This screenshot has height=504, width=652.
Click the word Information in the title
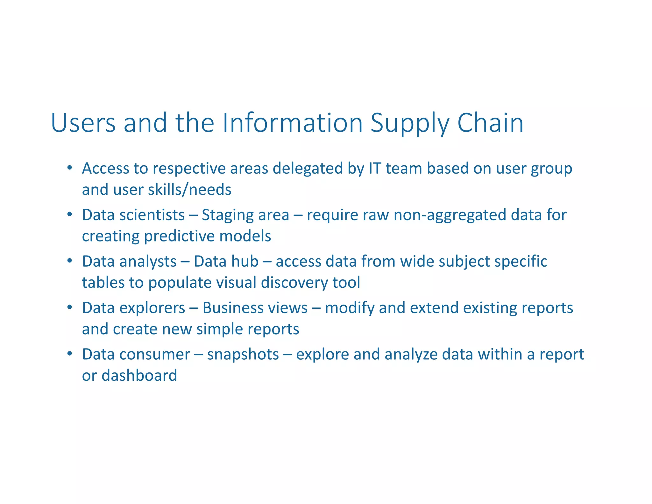[x=293, y=123]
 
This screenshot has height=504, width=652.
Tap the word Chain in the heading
[x=490, y=123]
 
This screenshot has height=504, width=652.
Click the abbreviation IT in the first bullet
[x=375, y=168]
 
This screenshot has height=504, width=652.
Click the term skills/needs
[x=190, y=190]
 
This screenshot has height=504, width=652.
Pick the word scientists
[x=152, y=215]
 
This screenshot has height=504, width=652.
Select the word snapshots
[x=243, y=355]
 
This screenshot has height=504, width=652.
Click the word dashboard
[x=139, y=375]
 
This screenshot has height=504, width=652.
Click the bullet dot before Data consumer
[x=70, y=354]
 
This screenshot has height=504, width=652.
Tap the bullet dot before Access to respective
[x=70, y=168]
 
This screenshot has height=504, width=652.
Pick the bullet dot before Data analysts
[x=70, y=261]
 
